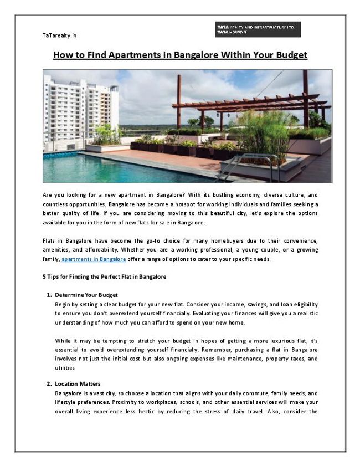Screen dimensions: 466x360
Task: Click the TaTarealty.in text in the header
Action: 59,35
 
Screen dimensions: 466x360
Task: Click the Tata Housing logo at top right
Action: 257,29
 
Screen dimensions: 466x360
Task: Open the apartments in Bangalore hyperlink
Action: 94,259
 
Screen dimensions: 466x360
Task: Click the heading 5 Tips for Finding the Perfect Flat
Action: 104,276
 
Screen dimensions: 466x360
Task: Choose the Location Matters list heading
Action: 78,383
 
